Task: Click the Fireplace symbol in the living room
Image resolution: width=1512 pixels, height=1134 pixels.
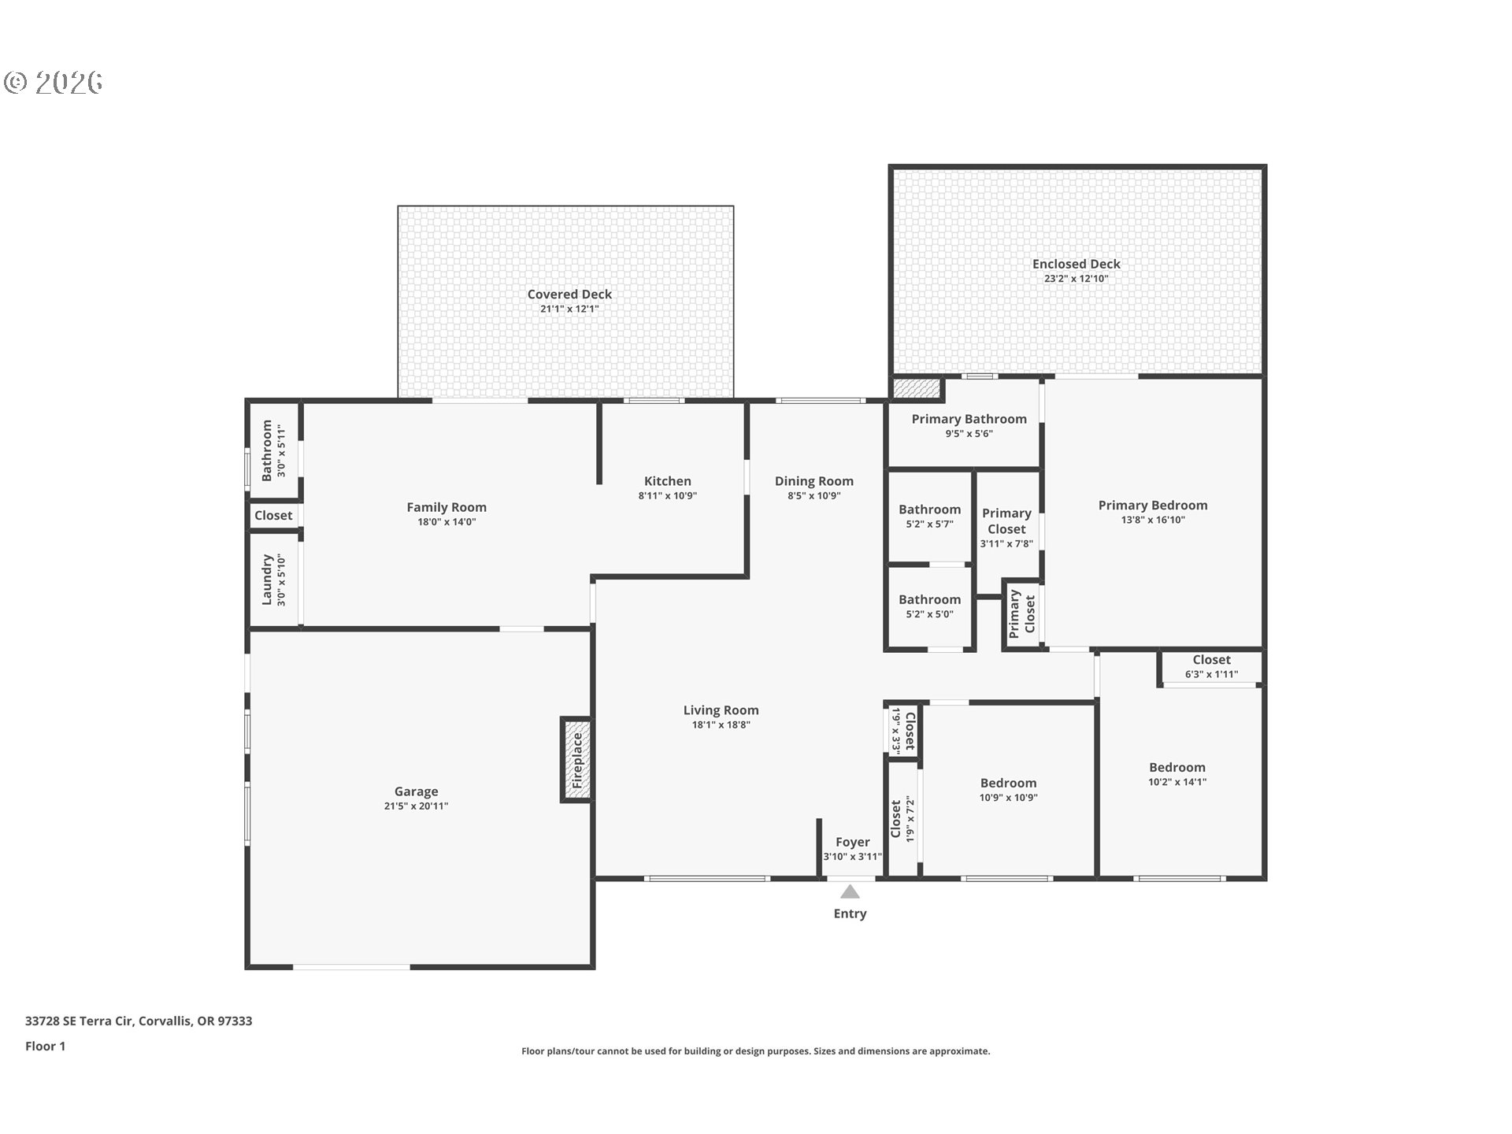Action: coord(576,760)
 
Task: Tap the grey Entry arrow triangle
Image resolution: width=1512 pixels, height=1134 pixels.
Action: coord(850,891)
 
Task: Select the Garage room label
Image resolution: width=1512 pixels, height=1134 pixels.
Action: coord(416,791)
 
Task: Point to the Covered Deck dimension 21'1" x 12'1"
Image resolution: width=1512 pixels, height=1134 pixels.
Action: coord(569,309)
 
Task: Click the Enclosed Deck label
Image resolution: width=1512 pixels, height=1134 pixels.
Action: coord(1076,264)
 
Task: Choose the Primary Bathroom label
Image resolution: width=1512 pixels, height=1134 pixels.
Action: coord(969,419)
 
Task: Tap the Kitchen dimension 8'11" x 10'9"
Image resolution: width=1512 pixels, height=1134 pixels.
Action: coord(667,495)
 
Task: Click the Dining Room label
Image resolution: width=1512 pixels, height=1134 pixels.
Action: coord(813,481)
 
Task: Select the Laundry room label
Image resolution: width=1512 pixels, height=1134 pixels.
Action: coord(267,580)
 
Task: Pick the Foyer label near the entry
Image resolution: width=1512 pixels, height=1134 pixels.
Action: coord(853,842)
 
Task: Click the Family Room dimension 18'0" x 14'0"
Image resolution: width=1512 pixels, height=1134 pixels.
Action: coord(447,521)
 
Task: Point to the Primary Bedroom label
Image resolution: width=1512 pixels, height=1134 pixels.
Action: coord(1153,505)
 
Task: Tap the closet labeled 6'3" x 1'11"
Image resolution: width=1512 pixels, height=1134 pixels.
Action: coord(1211,666)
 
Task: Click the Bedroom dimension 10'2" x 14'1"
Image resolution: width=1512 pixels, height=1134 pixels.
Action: coord(1177,782)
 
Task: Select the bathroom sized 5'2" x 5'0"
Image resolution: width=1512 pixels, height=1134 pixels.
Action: coord(930,606)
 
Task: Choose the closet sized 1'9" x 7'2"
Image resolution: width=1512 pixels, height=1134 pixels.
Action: coord(902,819)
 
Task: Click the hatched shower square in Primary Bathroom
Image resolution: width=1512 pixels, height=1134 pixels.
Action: coord(917,388)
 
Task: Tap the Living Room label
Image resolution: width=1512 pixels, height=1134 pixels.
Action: coord(721,710)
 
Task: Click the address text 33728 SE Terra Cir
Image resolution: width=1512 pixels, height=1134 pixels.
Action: coord(80,1021)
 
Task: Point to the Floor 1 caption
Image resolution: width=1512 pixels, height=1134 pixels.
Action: coord(45,1046)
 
